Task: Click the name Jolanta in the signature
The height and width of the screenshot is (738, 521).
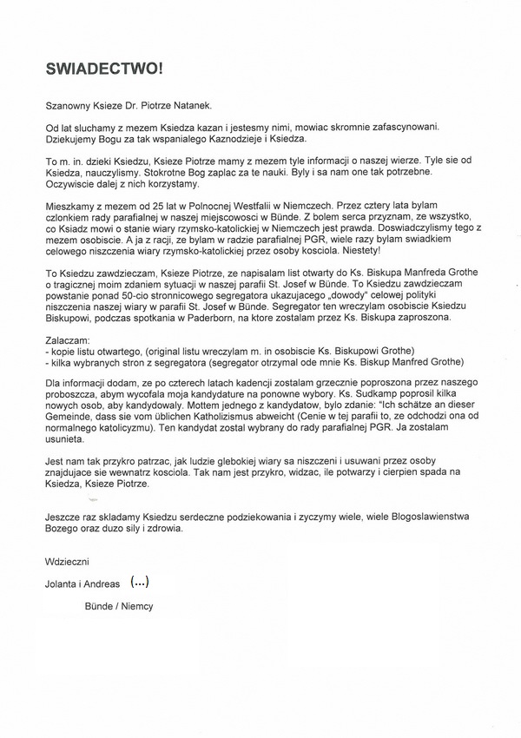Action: [64, 581]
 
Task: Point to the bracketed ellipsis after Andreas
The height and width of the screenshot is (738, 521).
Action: [139, 578]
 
